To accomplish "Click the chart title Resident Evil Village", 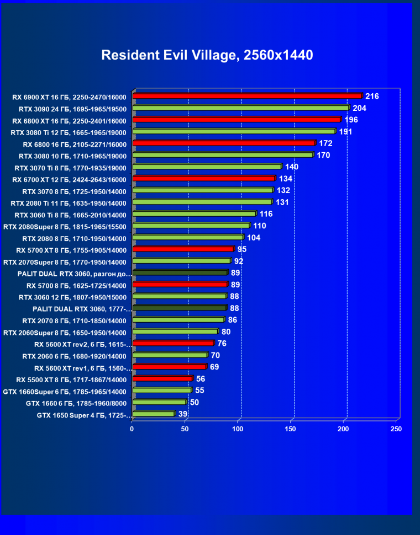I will [x=207, y=55].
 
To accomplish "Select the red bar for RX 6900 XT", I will [x=247, y=96].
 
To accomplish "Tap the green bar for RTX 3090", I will [x=241, y=108].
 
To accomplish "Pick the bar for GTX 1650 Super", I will [x=153, y=414].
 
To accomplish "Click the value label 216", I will [x=372, y=97].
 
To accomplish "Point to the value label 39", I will [x=183, y=414].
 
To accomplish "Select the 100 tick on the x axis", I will [x=238, y=429].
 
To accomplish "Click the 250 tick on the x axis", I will [x=396, y=429].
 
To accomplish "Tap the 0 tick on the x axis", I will [x=132, y=429].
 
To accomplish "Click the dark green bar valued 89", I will [x=180, y=272].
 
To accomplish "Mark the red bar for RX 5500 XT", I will [x=162, y=378].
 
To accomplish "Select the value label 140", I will [x=292, y=167].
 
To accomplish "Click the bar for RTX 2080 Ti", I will [x=202, y=202].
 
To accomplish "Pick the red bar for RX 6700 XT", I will [x=203, y=178].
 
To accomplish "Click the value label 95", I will [x=242, y=249].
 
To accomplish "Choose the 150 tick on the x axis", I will [x=291, y=429].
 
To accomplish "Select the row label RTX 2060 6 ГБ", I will [x=74, y=356].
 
